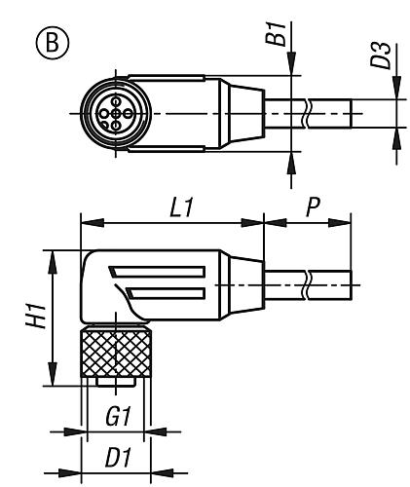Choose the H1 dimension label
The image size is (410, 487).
coord(30,317)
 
